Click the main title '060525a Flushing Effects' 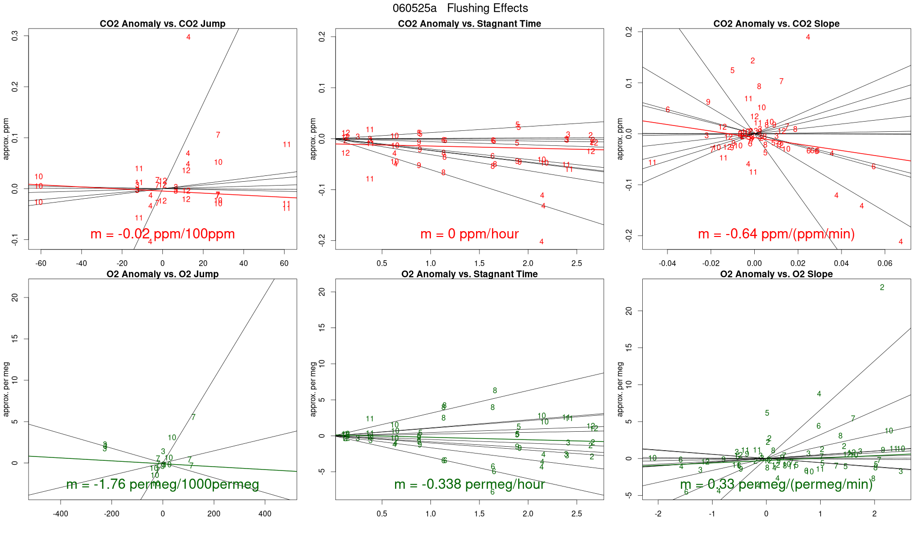point(460,8)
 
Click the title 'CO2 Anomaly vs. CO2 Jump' point(162,24)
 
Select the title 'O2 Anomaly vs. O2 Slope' point(776,274)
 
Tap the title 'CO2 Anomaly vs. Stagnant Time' point(469,24)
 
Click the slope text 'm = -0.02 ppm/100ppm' point(162,234)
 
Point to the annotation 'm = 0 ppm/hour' point(469,234)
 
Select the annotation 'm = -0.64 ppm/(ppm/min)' point(776,234)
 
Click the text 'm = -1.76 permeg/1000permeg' point(162,484)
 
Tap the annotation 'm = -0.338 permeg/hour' point(469,484)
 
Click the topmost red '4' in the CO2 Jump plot point(189,37)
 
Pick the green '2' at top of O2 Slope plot point(882,287)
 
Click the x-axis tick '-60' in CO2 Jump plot point(41,264)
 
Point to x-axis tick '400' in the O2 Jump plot point(265,514)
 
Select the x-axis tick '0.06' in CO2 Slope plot point(885,264)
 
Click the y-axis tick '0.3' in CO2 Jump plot point(15,36)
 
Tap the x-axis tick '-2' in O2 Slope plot point(658,514)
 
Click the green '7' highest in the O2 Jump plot point(193,417)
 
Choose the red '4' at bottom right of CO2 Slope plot point(901,242)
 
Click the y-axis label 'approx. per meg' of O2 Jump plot point(6,389)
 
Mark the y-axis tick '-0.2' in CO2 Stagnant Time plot point(322,241)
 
